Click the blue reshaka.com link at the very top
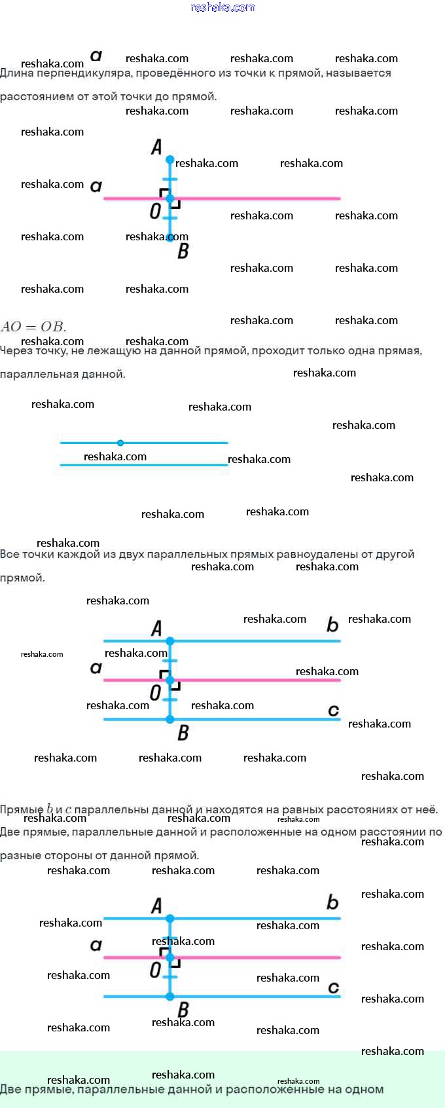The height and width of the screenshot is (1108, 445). [x=222, y=7]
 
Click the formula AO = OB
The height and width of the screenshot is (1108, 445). [x=33, y=326]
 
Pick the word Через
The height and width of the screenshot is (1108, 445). [x=14, y=351]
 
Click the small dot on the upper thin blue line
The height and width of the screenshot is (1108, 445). [x=120, y=443]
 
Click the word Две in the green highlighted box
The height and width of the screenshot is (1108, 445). [x=11, y=1090]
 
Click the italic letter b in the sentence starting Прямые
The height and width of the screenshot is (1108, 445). [x=50, y=810]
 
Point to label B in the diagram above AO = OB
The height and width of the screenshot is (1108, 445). [x=183, y=251]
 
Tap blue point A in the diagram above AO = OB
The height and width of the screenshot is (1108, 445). [x=170, y=160]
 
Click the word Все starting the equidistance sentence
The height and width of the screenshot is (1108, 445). [x=10, y=555]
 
